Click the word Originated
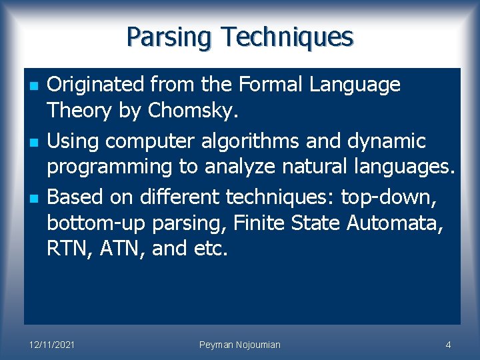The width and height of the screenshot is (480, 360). [96, 85]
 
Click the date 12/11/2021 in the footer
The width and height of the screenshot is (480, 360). [52, 345]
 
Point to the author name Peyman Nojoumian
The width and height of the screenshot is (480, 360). [240, 345]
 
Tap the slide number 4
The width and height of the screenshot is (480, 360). [448, 345]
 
